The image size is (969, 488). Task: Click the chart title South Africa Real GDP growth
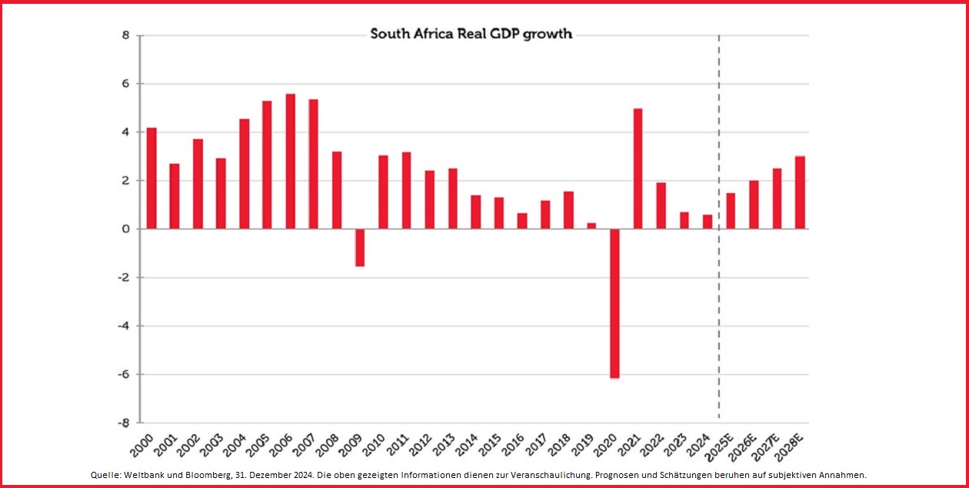(471, 34)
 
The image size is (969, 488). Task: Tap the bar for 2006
(290, 161)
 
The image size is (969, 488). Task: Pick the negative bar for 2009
(359, 247)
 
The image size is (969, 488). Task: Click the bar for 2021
(638, 169)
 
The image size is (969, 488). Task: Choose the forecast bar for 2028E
(800, 192)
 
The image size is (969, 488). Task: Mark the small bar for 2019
(591, 226)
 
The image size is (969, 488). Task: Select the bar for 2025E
(731, 211)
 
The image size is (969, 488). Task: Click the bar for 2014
(475, 212)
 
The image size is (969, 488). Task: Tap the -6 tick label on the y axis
(122, 375)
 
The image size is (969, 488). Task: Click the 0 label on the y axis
(125, 229)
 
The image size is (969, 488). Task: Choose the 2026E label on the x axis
(744, 446)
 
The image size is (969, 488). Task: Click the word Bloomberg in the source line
(219, 475)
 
